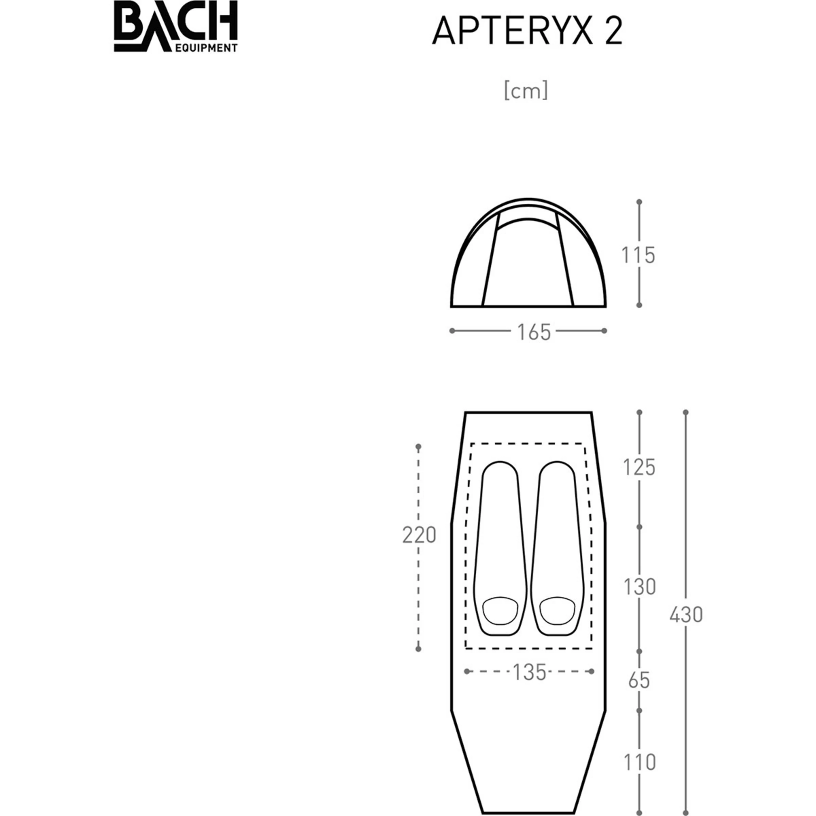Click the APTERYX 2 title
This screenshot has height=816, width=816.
(527, 32)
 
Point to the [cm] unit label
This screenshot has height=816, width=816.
(526, 90)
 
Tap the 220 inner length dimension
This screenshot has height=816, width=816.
(419, 535)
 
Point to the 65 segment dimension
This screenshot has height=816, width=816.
(639, 681)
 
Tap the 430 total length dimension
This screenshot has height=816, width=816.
(686, 615)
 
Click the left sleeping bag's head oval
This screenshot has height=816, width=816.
(500, 610)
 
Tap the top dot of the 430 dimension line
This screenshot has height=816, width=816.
(686, 412)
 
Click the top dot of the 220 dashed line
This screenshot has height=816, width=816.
(418, 446)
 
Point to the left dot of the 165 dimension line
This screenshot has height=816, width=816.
(452, 331)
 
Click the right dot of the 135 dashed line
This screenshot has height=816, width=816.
(591, 671)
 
